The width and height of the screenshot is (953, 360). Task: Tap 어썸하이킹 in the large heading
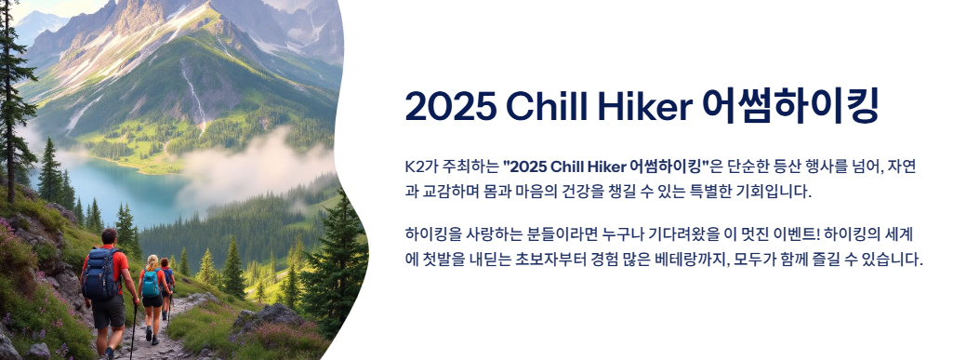tap(790, 106)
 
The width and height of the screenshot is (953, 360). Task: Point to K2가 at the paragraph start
tap(418, 166)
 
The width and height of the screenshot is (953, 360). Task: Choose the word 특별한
tap(708, 192)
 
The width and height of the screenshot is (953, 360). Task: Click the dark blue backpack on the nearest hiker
tap(100, 274)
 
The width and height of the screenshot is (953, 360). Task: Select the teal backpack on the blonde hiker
tap(150, 284)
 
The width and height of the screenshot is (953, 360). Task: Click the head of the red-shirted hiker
tap(109, 236)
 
